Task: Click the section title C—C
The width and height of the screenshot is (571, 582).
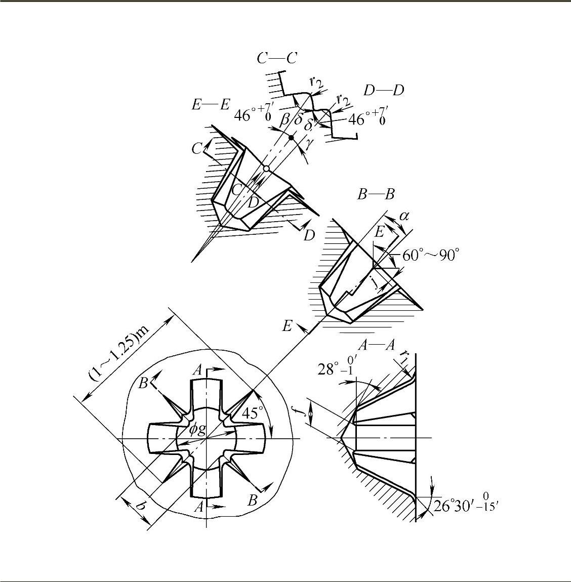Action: point(276,58)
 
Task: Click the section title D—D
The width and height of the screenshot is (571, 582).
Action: point(384,90)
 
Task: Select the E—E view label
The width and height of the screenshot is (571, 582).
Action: point(211,105)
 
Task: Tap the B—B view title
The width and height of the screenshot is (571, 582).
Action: point(376,194)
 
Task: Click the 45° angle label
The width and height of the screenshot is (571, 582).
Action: point(252,413)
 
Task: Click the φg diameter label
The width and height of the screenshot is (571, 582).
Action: point(197,430)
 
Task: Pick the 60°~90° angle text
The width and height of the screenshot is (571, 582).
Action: point(431,256)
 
